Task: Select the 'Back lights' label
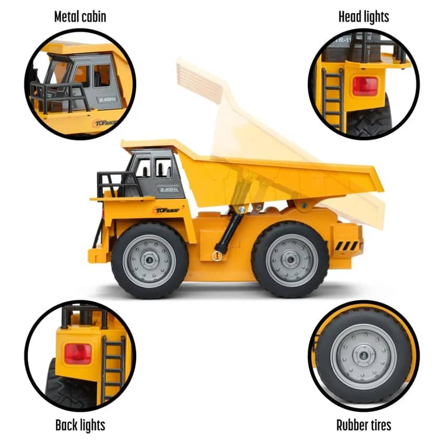click(80, 425)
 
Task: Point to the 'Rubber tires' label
click(364, 425)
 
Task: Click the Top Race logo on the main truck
click(167, 210)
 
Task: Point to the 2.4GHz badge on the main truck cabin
click(169, 189)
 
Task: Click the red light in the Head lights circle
click(365, 86)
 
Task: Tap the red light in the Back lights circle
click(78, 354)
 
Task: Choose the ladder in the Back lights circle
click(113, 368)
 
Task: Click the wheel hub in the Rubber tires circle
click(364, 356)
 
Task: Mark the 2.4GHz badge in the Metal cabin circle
click(109, 99)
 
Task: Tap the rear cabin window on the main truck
click(163, 167)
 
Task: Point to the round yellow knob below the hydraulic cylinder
click(217, 256)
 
